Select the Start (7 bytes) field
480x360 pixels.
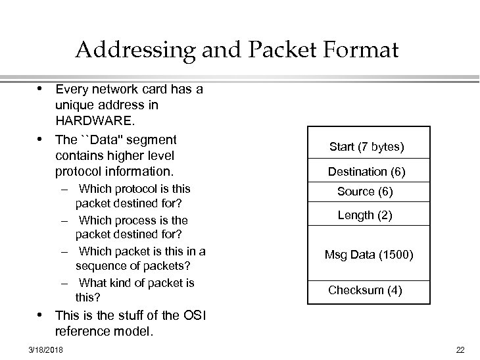pyautogui.click(x=366, y=147)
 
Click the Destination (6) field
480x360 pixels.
pyautogui.click(x=366, y=172)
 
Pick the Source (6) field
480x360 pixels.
pyautogui.click(x=365, y=192)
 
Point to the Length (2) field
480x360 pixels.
pyautogui.click(x=365, y=215)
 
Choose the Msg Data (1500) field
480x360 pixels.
pyautogui.click(x=368, y=255)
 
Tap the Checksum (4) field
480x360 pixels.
pyautogui.click(x=365, y=290)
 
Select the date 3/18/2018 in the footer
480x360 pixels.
pyautogui.click(x=45, y=349)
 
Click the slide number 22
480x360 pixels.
pyautogui.click(x=460, y=349)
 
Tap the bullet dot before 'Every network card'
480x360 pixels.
pyautogui.click(x=40, y=88)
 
